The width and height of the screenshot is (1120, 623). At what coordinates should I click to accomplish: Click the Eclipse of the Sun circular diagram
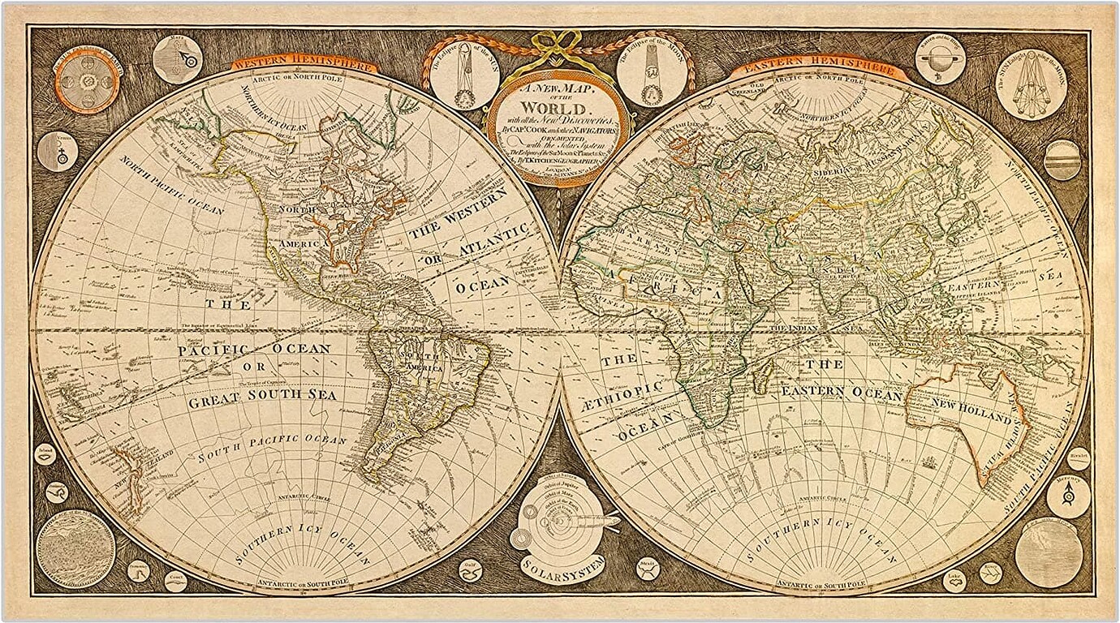pyautogui.click(x=464, y=76)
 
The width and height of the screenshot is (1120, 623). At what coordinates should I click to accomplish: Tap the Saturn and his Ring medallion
pyautogui.click(x=940, y=58)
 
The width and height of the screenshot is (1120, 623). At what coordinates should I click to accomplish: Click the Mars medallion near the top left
pyautogui.click(x=177, y=59)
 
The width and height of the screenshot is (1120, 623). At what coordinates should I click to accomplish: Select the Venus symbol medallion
pyautogui.click(x=58, y=152)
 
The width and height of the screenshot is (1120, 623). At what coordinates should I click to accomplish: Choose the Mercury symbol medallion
pyautogui.click(x=1067, y=496)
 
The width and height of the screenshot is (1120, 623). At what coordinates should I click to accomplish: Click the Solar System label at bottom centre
pyautogui.click(x=562, y=566)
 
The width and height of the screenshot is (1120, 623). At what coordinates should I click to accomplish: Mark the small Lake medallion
pyautogui.click(x=954, y=580)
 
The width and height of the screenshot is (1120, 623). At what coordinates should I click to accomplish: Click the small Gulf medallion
pyautogui.click(x=470, y=569)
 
